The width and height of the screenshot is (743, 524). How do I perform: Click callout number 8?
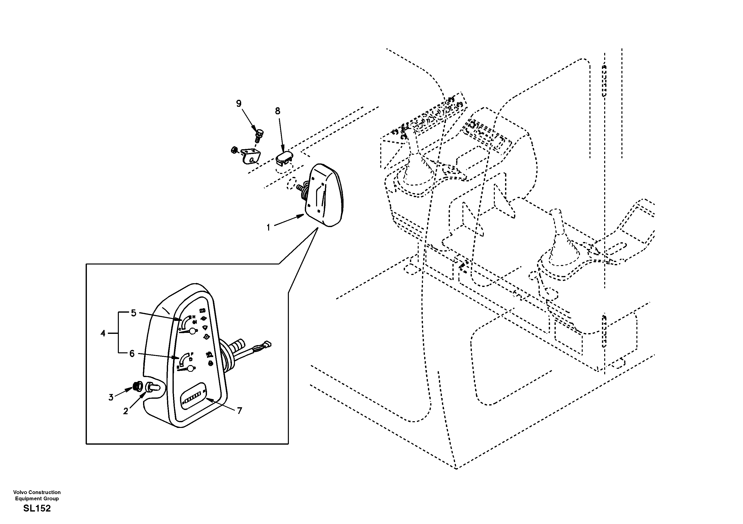point(278,111)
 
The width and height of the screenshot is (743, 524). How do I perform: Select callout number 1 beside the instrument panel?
point(268,228)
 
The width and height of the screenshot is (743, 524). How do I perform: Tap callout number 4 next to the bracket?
point(103,333)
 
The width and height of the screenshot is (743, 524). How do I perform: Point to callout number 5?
point(134,313)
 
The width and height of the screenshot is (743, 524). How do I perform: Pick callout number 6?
point(132,354)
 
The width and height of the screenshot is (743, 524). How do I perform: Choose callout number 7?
point(239,411)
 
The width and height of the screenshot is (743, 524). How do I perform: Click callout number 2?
point(126,411)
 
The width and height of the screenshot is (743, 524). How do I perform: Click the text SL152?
point(37,509)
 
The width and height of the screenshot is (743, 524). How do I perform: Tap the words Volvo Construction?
point(37,492)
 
